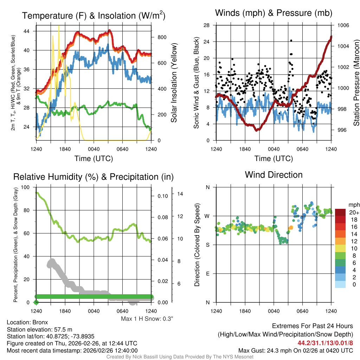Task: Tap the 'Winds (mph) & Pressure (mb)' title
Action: tap(274, 13)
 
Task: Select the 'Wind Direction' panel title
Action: tap(274, 175)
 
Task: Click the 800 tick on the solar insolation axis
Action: tap(159, 37)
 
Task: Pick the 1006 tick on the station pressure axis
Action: tap(343, 25)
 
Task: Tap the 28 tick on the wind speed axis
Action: tap(207, 25)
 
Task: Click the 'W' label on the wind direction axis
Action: tap(208, 216)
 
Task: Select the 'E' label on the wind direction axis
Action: tap(208, 274)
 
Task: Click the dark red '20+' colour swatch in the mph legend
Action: tap(340, 212)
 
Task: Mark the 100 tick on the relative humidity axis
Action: tap(26, 187)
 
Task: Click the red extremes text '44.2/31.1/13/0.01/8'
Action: tap(325, 342)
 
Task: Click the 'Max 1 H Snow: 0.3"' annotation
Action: tap(147, 319)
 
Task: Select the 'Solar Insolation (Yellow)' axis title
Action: tap(174, 83)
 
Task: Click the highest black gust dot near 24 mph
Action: tap(291, 40)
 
